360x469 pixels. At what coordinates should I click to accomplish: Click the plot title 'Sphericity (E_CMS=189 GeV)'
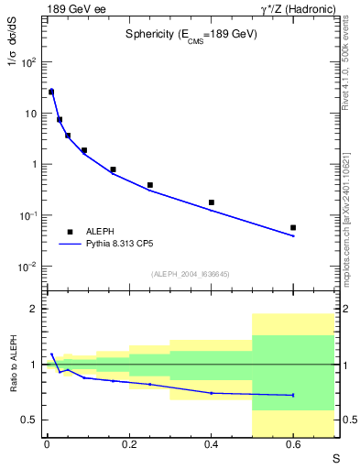(191, 34)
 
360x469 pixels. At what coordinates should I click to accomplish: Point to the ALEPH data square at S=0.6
(293, 227)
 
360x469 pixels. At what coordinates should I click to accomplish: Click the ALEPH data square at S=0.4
(211, 202)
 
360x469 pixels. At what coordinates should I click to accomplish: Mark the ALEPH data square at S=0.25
(149, 185)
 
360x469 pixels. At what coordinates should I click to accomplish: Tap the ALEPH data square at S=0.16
(113, 169)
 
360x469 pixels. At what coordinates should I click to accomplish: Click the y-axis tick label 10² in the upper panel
(28, 62)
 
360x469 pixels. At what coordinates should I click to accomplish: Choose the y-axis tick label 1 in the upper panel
(34, 165)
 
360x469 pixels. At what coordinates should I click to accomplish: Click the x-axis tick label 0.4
(211, 445)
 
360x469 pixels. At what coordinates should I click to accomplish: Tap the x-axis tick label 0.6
(293, 445)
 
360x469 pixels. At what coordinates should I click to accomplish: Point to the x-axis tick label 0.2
(128, 445)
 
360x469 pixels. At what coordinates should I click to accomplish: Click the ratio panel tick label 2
(34, 310)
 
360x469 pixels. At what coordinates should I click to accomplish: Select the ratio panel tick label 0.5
(30, 420)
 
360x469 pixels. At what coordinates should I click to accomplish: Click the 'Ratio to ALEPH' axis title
(13, 365)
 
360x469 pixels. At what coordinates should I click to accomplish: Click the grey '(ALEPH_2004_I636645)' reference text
(191, 273)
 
